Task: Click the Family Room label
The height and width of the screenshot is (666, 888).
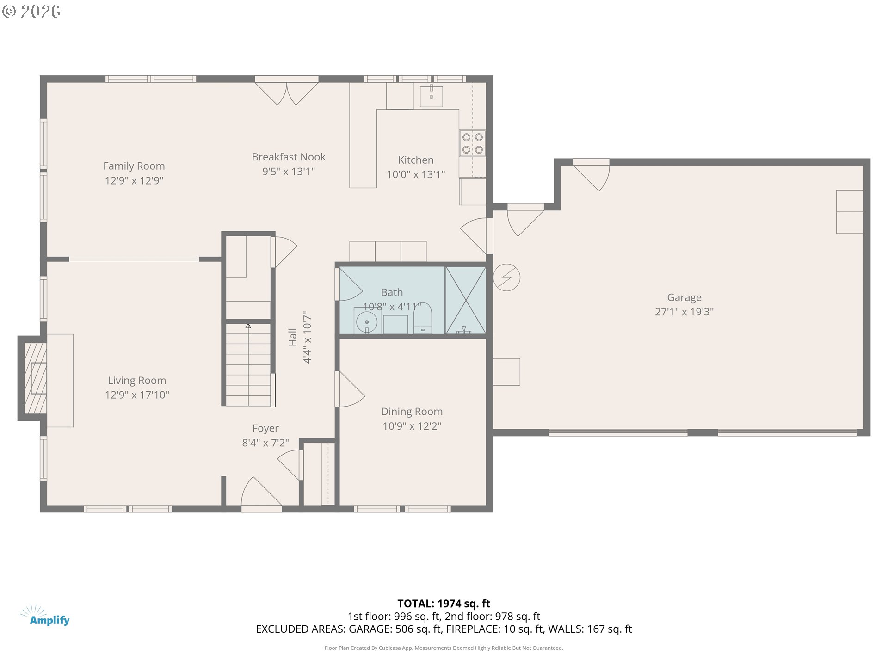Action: (134, 166)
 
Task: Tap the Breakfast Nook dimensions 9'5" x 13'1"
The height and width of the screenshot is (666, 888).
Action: (289, 172)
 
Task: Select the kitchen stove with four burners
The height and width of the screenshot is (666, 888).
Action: (473, 143)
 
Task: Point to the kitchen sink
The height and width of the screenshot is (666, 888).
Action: (432, 97)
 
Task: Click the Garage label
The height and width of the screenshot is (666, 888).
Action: (684, 297)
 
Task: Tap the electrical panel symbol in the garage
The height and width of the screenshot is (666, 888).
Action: (506, 277)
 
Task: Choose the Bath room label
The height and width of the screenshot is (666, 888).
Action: (392, 292)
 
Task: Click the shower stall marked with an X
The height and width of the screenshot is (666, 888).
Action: (466, 300)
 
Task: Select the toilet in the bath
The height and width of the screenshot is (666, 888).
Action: (422, 318)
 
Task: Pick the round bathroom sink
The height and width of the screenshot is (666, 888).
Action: (367, 321)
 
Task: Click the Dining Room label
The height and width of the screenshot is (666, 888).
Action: (412, 412)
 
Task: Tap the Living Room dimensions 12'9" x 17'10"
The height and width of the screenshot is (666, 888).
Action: (137, 395)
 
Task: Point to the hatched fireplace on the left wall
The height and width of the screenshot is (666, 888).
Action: (35, 378)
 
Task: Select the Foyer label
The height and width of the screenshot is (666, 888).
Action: (265, 428)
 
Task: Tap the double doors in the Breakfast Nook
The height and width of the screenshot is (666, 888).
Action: (287, 93)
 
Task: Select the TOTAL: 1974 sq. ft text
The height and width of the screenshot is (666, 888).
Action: (444, 604)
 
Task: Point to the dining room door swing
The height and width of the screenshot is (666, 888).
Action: (350, 389)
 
